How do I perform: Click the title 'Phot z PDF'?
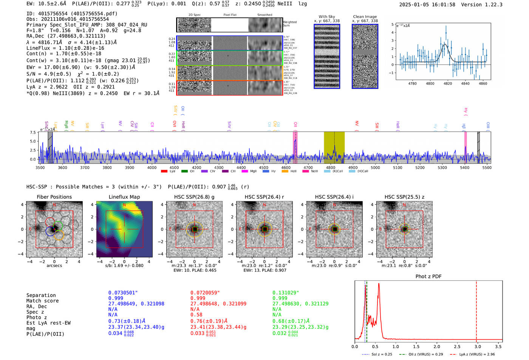point(428,277)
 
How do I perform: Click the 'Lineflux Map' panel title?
point(124,197)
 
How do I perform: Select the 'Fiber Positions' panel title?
point(54,197)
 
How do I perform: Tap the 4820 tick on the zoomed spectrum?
point(448,83)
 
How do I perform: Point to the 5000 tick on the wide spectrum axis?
point(375,168)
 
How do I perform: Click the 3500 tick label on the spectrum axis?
point(40,168)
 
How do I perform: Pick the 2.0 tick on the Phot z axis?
point(437,346)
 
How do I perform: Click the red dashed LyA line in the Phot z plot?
point(476,310)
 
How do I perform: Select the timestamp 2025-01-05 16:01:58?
point(427,5)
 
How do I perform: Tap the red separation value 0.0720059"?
point(205,293)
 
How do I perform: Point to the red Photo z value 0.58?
point(196,315)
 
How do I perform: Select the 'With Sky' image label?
point(326,17)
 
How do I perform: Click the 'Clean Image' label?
point(365,17)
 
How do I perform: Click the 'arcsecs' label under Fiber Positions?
point(54,266)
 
